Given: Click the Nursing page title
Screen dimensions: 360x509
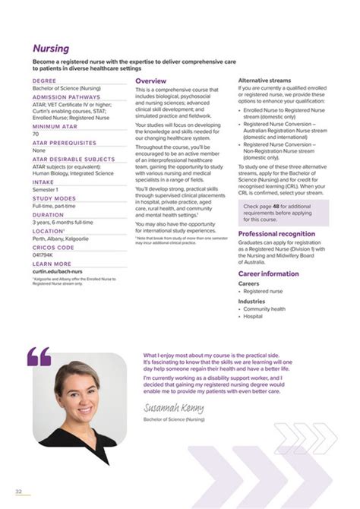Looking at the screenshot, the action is coord(51,49).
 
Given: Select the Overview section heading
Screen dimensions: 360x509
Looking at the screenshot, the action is coord(150,81).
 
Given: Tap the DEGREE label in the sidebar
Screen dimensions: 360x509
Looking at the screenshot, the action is coord(43,80).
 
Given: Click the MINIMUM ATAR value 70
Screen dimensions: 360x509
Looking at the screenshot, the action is coord(36,134).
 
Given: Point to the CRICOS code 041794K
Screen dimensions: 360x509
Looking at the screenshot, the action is coord(44,254).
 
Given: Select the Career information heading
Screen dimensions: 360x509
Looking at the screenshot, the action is coord(269,273).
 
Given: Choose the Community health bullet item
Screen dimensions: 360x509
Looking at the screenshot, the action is coord(264,309).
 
